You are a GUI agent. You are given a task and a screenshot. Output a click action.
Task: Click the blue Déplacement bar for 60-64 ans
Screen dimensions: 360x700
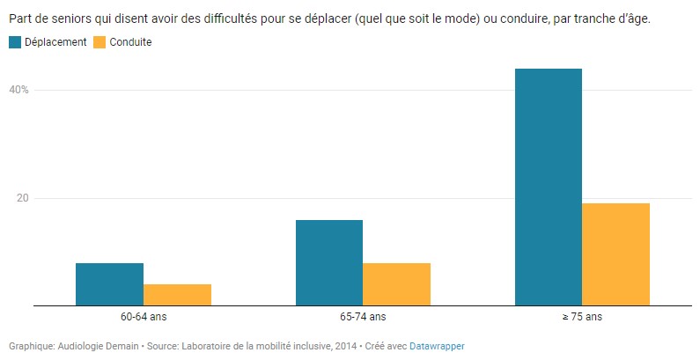[109, 284]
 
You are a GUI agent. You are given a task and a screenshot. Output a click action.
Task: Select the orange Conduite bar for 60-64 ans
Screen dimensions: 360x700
[177, 295]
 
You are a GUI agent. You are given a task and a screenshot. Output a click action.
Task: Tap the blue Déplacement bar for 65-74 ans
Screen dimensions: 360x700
[329, 262]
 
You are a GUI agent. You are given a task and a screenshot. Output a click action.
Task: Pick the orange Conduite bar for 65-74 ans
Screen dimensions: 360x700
[396, 284]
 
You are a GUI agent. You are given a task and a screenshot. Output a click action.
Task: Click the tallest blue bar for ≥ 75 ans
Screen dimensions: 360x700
[549, 187]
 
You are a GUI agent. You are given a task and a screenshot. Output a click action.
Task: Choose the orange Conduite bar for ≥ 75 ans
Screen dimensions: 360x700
[616, 254]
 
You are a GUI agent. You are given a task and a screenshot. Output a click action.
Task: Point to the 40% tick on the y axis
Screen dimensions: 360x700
[19, 90]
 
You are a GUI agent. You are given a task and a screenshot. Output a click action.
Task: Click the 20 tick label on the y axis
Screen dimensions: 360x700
[23, 198]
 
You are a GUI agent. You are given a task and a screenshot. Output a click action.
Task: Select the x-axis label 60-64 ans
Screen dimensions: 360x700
[143, 317]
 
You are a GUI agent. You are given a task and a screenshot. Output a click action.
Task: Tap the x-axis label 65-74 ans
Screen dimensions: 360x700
[363, 317]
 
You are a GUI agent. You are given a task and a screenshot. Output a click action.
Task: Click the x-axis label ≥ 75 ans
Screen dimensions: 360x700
[582, 317]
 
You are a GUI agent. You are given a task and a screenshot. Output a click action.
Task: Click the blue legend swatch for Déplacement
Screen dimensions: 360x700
[15, 42]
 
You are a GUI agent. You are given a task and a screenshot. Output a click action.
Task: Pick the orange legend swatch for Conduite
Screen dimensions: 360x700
[99, 42]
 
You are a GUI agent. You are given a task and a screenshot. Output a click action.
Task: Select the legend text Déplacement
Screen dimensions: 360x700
[55, 42]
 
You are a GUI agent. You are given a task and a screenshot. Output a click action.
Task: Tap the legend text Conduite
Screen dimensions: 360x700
[131, 42]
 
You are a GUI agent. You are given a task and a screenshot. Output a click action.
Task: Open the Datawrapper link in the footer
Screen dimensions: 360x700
[437, 347]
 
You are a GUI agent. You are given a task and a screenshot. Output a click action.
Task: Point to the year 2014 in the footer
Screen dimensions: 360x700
[344, 347]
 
